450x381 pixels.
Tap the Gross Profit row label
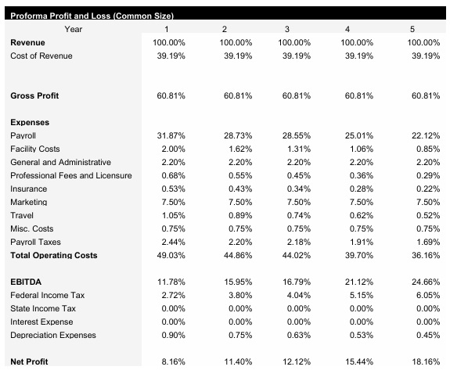point(34,95)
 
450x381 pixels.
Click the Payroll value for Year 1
point(171,135)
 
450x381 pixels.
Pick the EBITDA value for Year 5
point(423,282)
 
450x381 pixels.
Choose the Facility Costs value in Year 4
point(360,149)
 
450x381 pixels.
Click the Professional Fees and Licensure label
point(71,175)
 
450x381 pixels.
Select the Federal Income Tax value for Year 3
point(297,295)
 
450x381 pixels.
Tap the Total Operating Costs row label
point(52,255)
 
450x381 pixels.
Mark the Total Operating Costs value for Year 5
point(423,255)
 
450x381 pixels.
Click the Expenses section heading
point(30,122)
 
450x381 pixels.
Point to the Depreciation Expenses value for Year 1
point(171,335)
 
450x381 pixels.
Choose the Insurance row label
point(29,189)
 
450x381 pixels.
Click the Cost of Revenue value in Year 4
point(360,56)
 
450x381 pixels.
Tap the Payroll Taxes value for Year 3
point(297,242)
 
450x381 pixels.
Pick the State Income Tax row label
point(44,308)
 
